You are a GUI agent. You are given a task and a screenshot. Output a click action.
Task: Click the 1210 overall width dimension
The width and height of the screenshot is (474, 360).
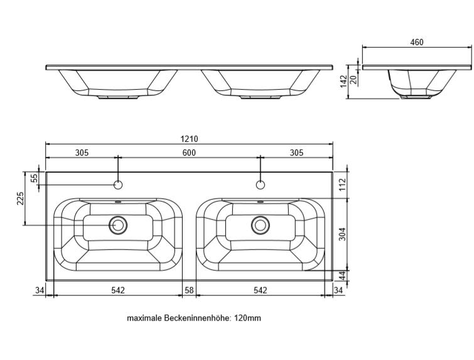[x=189, y=139]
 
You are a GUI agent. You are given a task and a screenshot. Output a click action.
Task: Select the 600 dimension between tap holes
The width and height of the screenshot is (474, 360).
[x=189, y=153]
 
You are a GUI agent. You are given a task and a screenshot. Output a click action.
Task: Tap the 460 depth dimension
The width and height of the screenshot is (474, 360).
[x=417, y=42]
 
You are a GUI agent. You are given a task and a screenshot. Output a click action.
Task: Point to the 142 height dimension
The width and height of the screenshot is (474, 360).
[x=343, y=82]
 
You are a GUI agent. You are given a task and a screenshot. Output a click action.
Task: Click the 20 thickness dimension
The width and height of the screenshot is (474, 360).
[x=353, y=79]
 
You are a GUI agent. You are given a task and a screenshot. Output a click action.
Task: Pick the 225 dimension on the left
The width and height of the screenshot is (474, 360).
[x=20, y=199]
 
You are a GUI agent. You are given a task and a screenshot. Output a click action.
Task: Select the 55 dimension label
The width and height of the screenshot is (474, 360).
[x=35, y=178]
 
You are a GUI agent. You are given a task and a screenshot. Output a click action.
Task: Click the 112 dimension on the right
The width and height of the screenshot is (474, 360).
[x=342, y=185]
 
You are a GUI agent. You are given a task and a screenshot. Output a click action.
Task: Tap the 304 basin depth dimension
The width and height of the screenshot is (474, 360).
[x=342, y=234]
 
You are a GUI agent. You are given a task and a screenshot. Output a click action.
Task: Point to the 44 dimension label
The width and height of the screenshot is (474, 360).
[x=342, y=275]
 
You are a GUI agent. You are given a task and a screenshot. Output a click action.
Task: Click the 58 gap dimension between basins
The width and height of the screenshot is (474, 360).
[x=189, y=290]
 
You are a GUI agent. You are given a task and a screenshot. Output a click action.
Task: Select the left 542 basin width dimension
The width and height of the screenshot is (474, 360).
[x=118, y=290]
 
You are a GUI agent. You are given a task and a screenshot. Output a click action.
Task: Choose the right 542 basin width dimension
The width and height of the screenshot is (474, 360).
[x=261, y=290]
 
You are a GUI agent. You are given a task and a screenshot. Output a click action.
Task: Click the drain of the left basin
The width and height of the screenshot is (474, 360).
[x=118, y=225]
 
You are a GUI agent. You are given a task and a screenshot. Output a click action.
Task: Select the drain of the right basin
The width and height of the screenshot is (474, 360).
[x=261, y=225]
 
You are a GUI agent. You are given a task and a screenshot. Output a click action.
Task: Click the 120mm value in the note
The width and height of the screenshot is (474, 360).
[x=247, y=319]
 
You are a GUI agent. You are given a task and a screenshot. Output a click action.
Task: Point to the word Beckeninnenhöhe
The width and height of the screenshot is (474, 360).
[x=198, y=319]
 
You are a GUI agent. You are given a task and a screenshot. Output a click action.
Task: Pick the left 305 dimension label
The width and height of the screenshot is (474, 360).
[x=82, y=153]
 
